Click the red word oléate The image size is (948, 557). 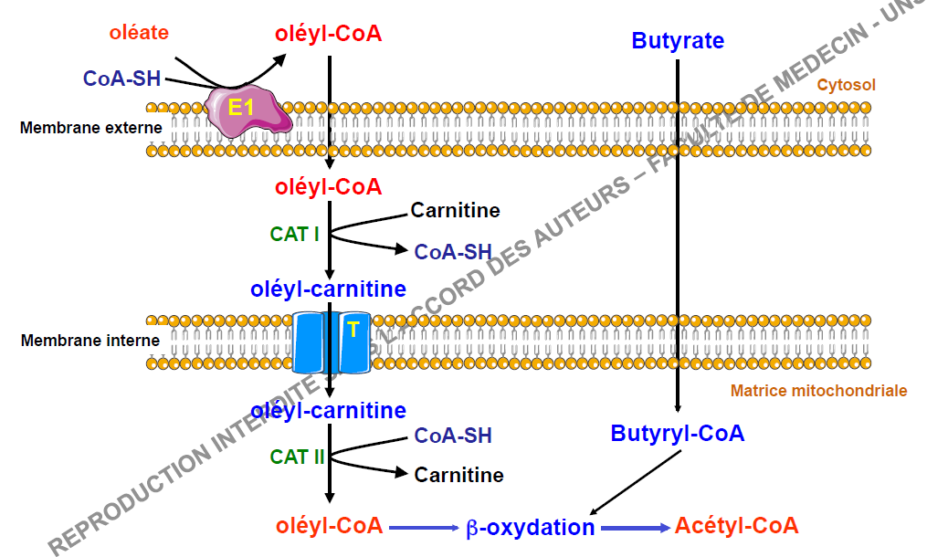pos(139,33)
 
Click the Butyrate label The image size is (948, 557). pos(678,41)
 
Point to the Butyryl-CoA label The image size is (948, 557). pos(678,433)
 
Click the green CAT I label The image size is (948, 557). pos(294,234)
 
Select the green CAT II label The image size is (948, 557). pos(297,457)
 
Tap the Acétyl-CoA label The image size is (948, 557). pos(736,525)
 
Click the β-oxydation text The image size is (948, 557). pos(530,527)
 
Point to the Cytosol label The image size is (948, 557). pos(846,85)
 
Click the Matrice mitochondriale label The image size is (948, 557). pos(818,391)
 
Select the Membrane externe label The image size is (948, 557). pos(90,128)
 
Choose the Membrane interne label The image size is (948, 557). pos(90,341)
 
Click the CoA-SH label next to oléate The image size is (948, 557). pos(121,79)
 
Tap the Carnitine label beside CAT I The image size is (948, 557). pos(455,211)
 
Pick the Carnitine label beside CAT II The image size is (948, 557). pos(458,475)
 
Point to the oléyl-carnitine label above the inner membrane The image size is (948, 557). pos(328,289)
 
